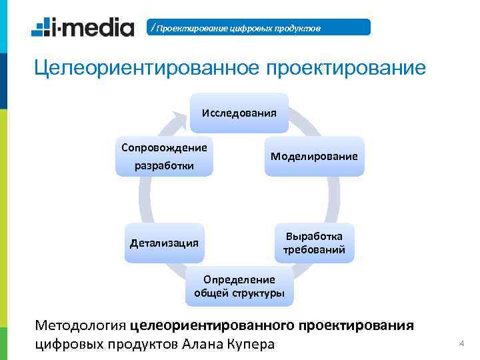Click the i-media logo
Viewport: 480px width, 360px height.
point(83,27)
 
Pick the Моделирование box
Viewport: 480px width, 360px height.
point(314,156)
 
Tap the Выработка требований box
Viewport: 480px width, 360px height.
point(314,243)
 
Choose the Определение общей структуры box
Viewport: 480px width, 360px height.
point(239,286)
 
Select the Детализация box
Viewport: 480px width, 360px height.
point(164,243)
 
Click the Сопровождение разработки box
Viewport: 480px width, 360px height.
point(164,156)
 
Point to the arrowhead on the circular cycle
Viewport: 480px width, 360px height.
point(179,121)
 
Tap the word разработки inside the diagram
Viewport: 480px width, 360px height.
point(164,165)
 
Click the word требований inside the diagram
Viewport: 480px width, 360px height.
point(314,251)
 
